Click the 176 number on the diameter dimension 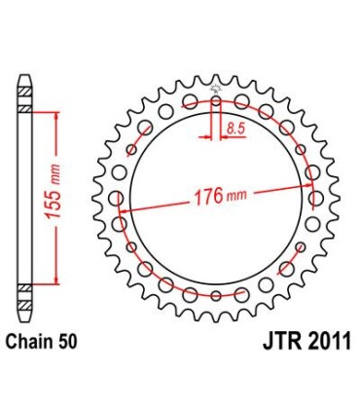(x=202, y=197)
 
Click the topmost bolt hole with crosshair (x=215, y=98)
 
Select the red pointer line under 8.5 (x=226, y=136)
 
